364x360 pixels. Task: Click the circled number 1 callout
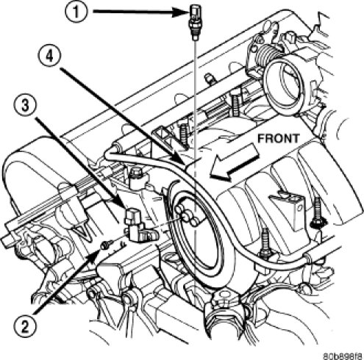(76, 11)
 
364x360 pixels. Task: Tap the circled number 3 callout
(25, 106)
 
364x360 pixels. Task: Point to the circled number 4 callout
(50, 57)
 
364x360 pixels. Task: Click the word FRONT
(279, 139)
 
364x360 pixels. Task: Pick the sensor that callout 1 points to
(195, 23)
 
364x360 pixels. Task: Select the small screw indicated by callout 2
(107, 245)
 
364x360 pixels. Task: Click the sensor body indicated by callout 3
(138, 226)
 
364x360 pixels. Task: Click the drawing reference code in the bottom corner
(343, 355)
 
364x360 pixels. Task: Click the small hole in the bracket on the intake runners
(299, 208)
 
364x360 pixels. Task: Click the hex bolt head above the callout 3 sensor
(134, 173)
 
